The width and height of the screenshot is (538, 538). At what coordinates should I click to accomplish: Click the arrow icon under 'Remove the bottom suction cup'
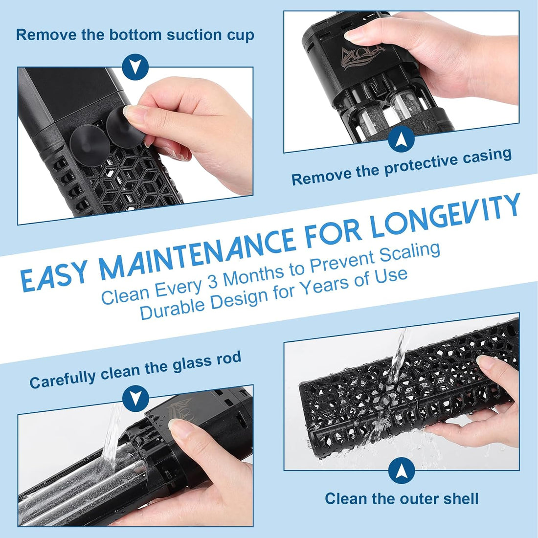(x=135, y=67)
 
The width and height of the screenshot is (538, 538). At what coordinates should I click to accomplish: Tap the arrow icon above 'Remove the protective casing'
(x=401, y=139)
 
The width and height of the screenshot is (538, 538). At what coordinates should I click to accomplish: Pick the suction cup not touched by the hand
(x=90, y=145)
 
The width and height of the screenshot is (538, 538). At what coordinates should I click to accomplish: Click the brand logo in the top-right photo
(x=363, y=57)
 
